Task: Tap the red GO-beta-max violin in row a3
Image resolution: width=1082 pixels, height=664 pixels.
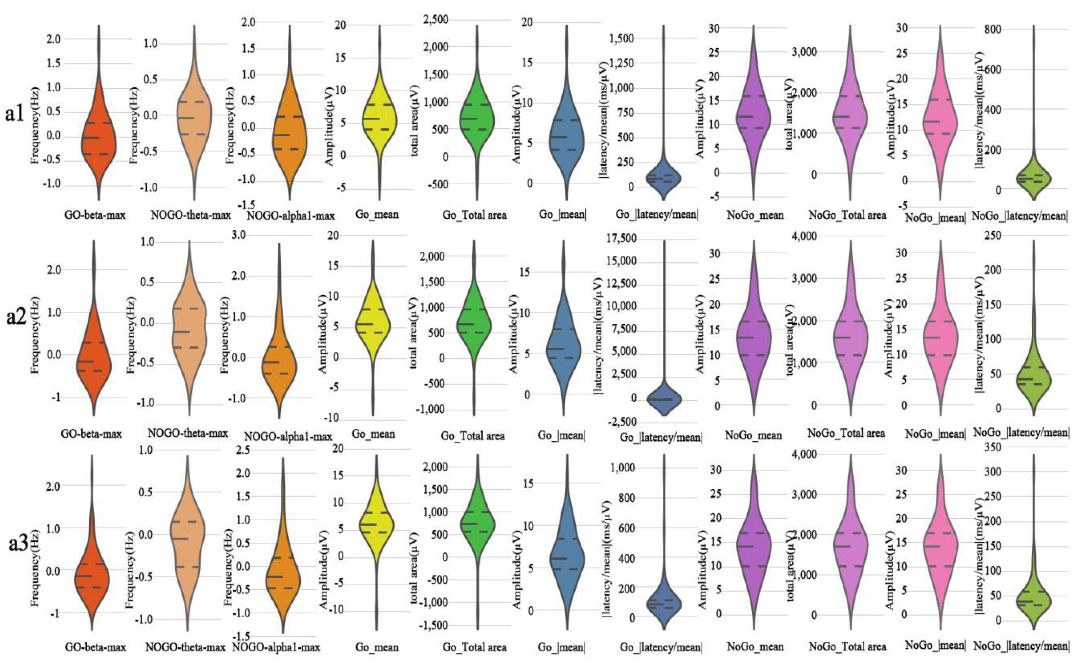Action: coord(92,576)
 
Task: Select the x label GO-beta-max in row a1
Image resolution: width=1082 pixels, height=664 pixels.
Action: coord(95,215)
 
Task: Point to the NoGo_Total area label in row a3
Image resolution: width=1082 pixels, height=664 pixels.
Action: coord(847,646)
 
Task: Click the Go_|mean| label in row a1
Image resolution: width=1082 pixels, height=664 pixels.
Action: coord(562,214)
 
